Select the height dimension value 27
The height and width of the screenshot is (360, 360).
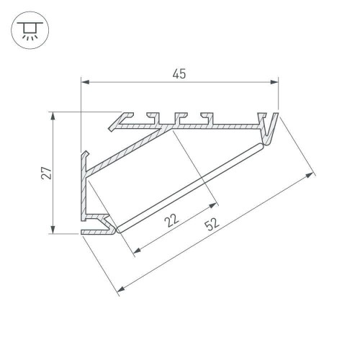click(45, 173)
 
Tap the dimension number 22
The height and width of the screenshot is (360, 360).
click(171, 221)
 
